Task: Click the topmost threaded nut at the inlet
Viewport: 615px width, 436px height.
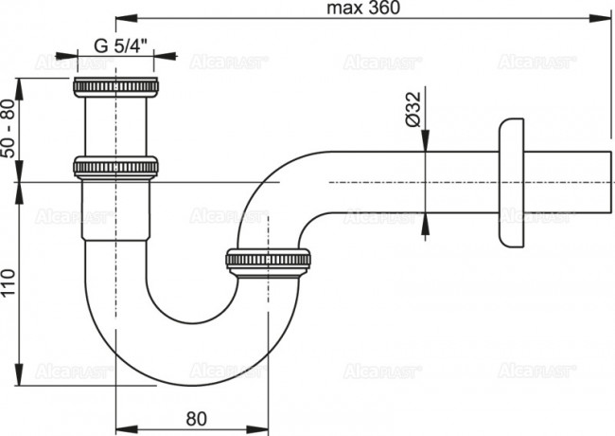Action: tap(115, 88)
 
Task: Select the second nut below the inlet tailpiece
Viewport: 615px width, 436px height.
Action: tap(115, 167)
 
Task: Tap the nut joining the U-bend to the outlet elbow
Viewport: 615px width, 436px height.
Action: tap(270, 260)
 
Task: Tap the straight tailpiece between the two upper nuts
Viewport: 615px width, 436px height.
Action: tap(115, 127)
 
